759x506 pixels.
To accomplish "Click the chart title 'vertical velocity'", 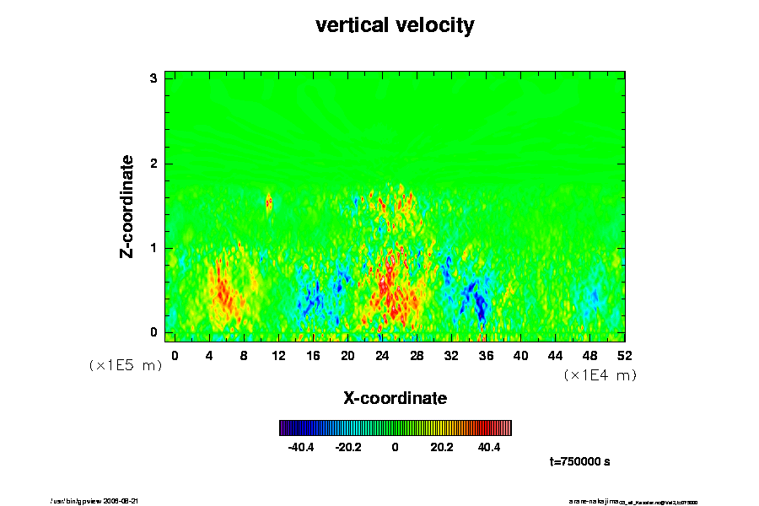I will point(395,25).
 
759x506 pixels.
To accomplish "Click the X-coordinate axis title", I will point(395,397).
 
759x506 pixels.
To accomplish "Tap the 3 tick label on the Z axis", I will point(153,78).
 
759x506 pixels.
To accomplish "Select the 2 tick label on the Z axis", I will point(153,163).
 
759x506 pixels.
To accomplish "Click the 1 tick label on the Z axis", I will point(153,248).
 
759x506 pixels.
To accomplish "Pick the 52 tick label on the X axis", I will point(625,355).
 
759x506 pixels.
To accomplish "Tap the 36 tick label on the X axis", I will point(487,355).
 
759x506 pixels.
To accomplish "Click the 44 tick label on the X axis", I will point(556,355).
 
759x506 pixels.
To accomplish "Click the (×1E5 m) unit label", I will point(126,366).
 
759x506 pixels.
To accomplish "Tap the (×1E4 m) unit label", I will point(600,375).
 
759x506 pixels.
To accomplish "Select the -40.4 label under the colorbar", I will point(301,447).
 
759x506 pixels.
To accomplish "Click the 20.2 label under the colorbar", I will point(442,447).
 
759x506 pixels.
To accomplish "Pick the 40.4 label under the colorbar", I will point(489,447).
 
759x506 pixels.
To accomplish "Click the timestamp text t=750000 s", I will point(579,462).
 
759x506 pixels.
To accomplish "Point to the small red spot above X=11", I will point(269,202).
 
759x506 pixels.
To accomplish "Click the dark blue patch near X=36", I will point(480,304).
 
